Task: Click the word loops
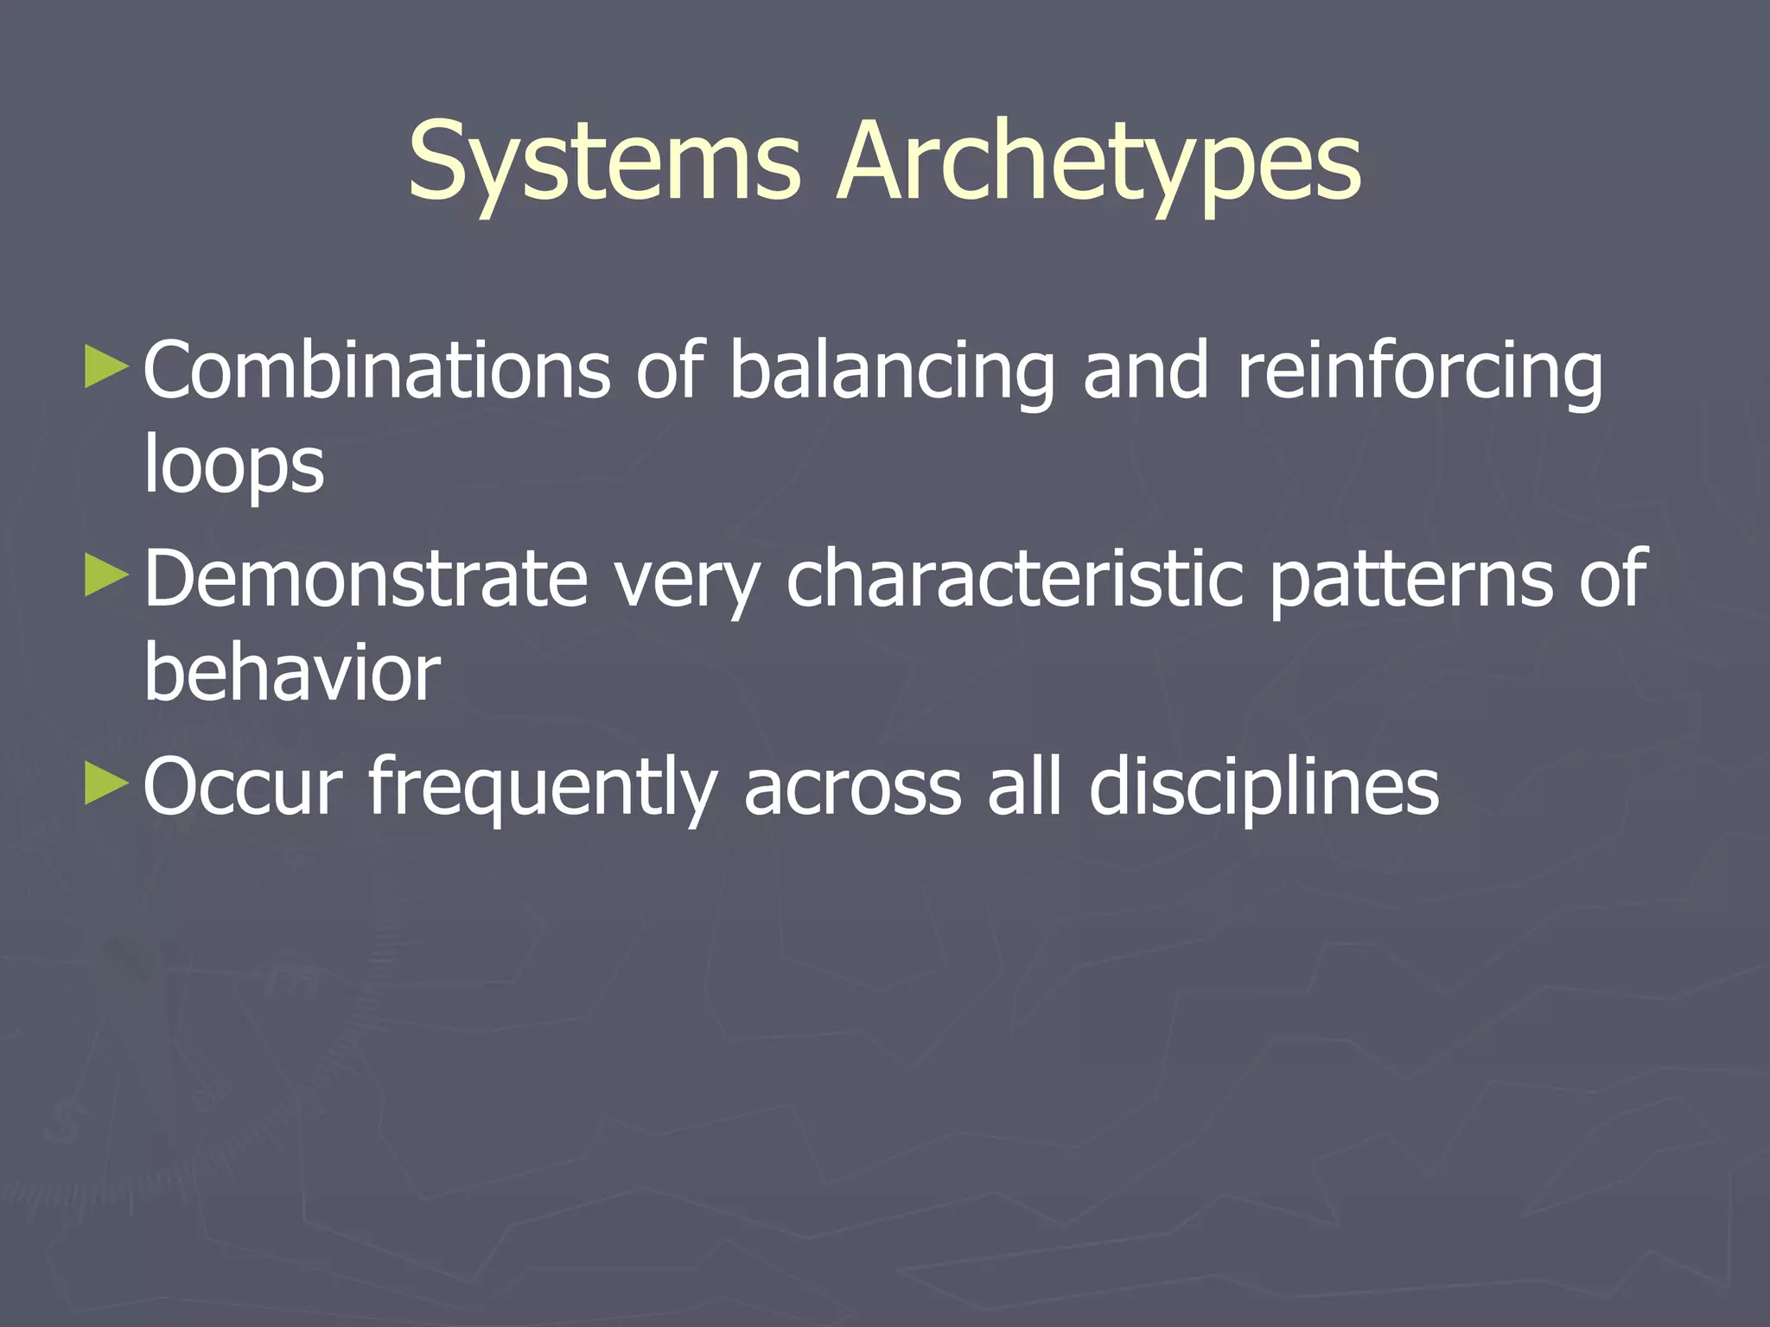point(233,467)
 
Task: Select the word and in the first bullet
point(1145,371)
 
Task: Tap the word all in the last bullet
point(1024,786)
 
